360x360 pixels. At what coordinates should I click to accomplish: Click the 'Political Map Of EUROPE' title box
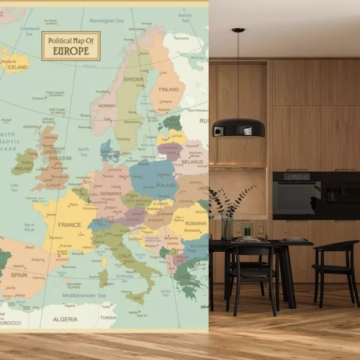71,45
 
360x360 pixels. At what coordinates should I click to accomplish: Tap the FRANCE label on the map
70,225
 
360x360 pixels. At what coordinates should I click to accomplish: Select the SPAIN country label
19,274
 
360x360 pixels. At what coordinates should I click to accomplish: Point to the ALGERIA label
66,318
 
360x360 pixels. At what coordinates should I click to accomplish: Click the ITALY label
125,256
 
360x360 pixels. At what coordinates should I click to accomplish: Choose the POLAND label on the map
166,185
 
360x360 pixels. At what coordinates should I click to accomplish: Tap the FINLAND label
168,90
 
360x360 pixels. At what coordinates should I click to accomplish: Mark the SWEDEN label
133,79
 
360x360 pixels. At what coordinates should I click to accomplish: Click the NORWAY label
107,106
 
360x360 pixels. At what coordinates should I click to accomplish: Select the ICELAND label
17,67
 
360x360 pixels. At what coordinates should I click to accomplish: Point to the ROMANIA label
194,224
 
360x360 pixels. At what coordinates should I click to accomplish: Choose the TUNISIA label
108,318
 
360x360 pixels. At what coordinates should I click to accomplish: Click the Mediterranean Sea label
84,295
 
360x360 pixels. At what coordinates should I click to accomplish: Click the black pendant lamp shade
238,127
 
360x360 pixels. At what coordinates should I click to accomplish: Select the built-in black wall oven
297,195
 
